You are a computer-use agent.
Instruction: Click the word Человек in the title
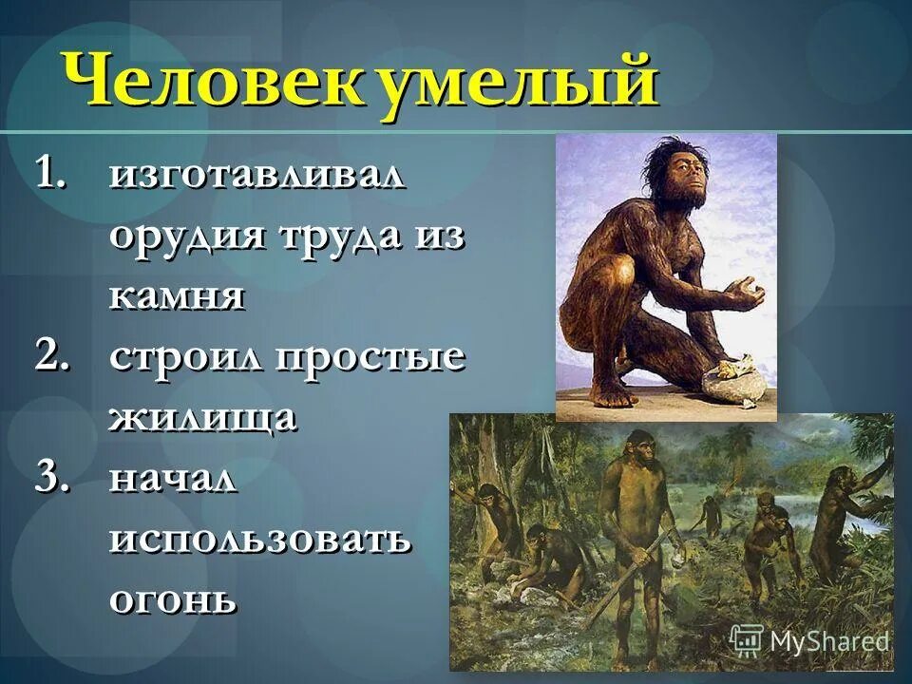click(208, 83)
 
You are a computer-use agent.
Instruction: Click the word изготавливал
click(257, 177)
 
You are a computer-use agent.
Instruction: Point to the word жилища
click(203, 419)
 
